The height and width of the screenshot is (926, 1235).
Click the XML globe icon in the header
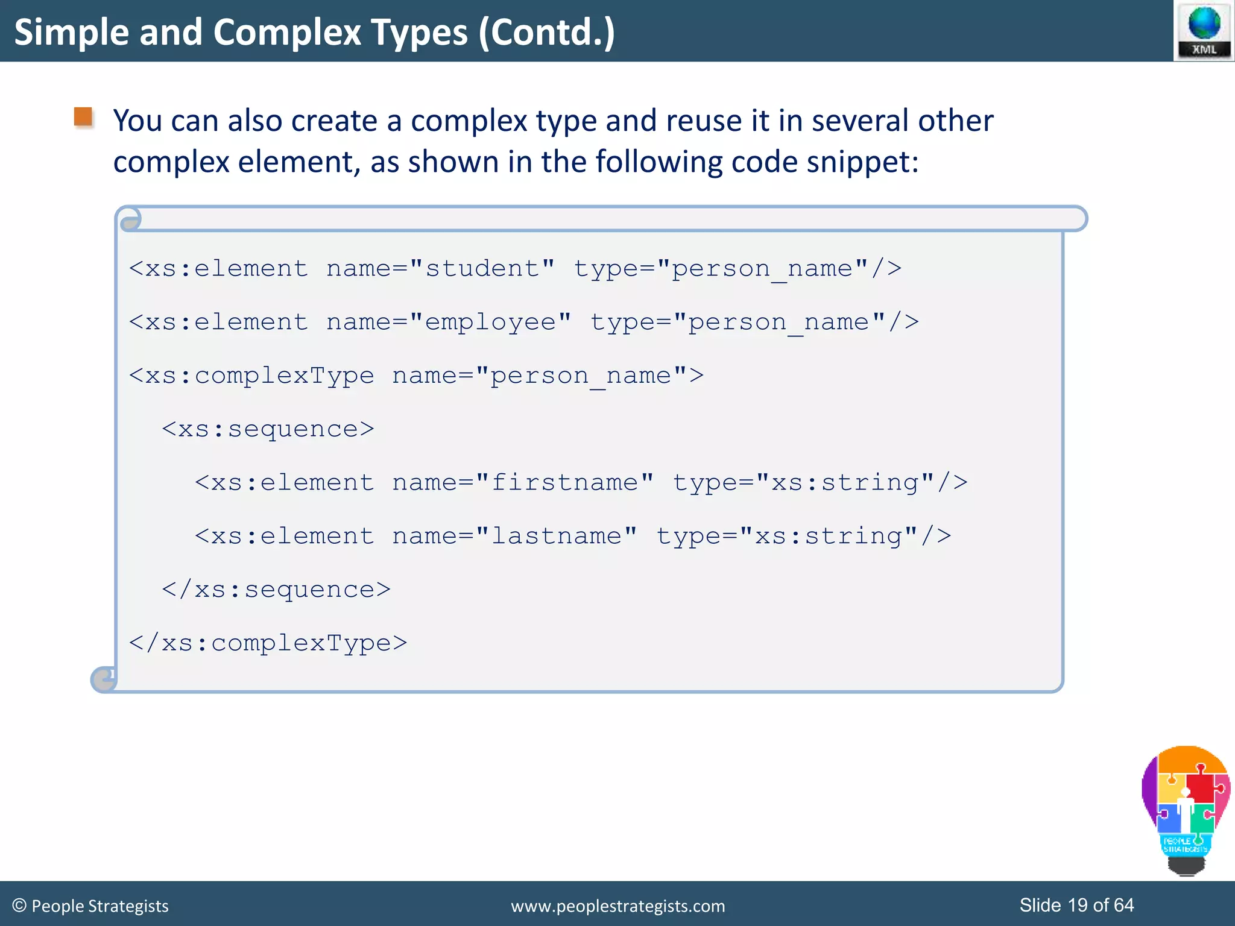click(1204, 30)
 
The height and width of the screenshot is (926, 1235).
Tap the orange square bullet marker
click(83, 117)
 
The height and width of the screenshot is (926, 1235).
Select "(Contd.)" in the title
click(546, 33)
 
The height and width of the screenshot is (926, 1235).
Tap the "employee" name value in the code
click(490, 323)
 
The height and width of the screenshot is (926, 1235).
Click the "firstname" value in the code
click(564, 483)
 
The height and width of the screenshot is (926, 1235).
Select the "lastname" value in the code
click(556, 537)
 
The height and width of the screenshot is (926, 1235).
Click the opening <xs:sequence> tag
click(268, 429)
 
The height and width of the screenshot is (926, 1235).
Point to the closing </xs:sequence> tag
click(276, 590)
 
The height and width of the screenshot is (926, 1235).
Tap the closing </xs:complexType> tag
click(268, 643)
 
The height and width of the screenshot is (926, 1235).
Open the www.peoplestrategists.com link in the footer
click(617, 906)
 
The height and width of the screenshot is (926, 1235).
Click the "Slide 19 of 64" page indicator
click(1076, 905)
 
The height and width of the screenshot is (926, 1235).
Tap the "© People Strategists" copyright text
click(90, 906)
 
